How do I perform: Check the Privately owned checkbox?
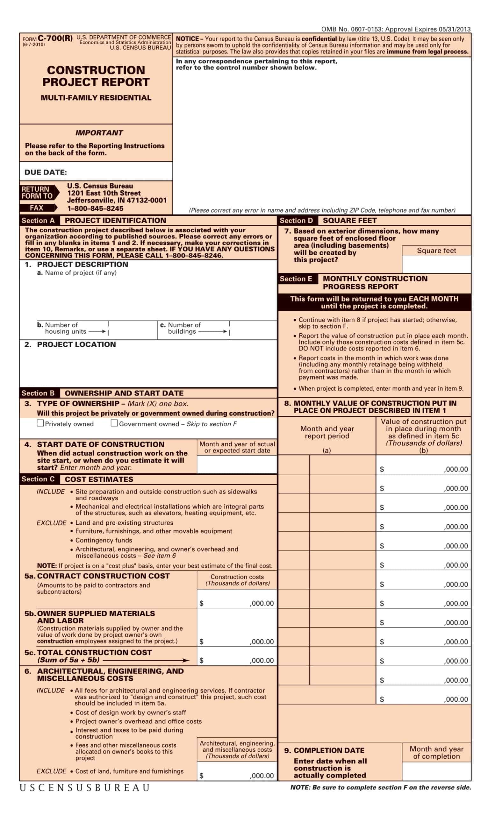40,423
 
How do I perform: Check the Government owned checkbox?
114,423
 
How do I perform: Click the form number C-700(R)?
55,38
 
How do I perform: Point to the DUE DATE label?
46,172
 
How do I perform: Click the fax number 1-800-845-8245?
95,209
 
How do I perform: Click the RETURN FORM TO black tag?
38,193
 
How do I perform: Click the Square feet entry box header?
436,250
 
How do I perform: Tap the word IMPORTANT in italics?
99,133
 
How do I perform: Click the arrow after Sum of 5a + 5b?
146,660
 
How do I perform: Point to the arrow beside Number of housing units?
97,331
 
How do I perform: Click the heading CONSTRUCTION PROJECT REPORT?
96,76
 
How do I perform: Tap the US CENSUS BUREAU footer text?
85,788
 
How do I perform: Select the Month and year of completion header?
436,753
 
